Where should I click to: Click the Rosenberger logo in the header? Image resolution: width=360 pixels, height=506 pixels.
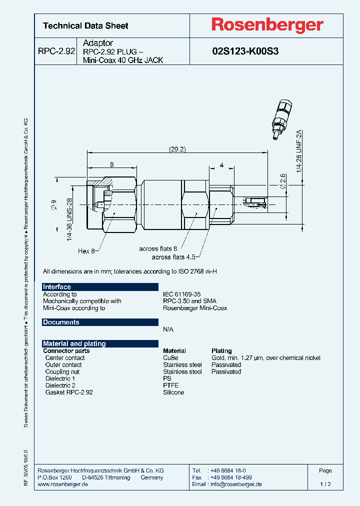(267, 25)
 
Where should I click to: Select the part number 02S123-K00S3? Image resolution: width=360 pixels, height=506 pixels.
(245, 51)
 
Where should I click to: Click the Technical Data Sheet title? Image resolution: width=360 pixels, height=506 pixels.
(85, 25)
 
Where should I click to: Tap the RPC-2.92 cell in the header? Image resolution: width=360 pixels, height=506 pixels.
(56, 51)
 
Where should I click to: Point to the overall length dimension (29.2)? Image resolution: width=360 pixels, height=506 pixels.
(177, 149)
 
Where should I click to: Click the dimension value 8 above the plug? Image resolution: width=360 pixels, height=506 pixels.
(111, 164)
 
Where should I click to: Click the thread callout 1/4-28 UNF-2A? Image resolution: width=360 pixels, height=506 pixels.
(299, 150)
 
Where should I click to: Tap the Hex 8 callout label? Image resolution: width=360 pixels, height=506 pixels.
(86, 251)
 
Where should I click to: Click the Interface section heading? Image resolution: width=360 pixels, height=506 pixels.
(57, 286)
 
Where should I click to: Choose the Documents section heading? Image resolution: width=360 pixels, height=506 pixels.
(61, 322)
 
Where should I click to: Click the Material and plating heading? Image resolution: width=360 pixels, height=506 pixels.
(74, 343)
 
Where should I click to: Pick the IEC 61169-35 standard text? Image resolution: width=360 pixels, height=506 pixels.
(181, 294)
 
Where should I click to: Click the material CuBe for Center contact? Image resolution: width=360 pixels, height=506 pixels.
(170, 358)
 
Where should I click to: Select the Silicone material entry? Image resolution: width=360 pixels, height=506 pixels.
(173, 392)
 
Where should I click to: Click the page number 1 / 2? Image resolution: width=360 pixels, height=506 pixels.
(325, 484)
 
